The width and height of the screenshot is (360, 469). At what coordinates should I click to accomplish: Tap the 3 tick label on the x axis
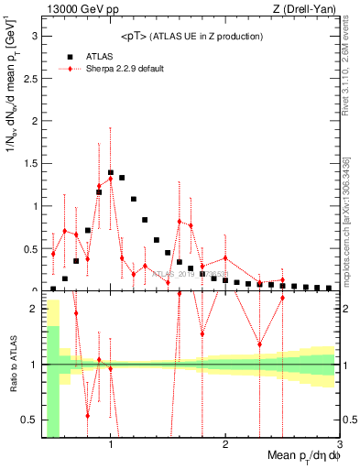(340, 444)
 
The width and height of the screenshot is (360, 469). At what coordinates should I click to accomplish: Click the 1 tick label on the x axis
(111, 444)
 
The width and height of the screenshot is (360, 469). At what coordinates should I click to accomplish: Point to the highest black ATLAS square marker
(111, 172)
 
